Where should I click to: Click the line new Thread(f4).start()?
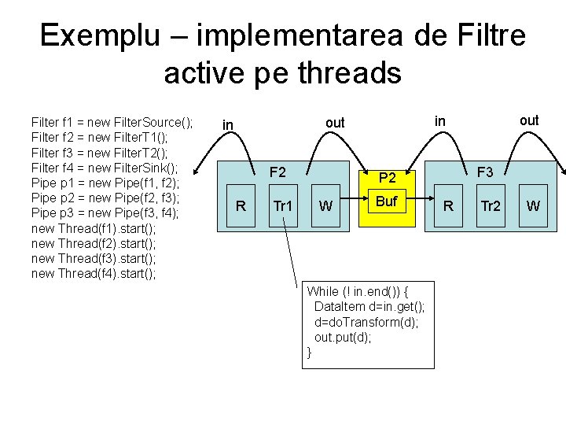tap(94, 273)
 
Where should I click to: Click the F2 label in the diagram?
tap(277, 172)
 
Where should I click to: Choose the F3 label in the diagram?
tap(485, 172)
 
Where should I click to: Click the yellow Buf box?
tap(386, 201)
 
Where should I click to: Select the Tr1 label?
tap(282, 206)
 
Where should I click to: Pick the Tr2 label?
tap(491, 206)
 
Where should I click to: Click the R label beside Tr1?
tap(241, 206)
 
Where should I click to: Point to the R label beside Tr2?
tap(448, 206)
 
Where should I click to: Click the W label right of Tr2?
tap(533, 206)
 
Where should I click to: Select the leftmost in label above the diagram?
tap(228, 124)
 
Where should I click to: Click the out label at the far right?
tap(529, 120)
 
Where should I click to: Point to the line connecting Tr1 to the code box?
tap(292, 252)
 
